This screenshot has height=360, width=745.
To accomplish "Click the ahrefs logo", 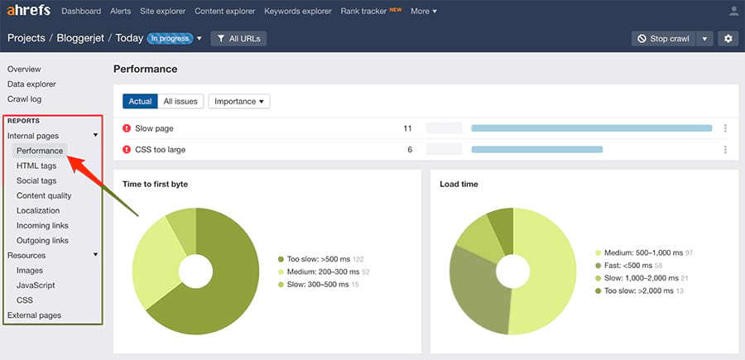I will pos(29,12).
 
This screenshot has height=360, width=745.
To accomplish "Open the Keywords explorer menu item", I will pos(297,12).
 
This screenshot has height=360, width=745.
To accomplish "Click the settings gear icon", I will pos(728,39).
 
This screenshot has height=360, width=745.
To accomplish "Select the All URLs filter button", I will pos(238,39).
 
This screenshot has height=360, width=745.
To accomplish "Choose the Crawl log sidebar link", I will pos(24,99).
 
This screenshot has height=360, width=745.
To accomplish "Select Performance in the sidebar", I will pos(40,151).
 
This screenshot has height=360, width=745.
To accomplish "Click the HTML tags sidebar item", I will pos(36,166).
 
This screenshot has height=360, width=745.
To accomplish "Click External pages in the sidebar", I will pos(34,315).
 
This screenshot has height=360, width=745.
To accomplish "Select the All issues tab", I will pos(180,101).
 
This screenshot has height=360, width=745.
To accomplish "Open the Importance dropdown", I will pos(239,101).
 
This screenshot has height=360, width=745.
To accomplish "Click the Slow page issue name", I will pos(154,128).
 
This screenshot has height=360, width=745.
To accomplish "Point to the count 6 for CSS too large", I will pos(410,150).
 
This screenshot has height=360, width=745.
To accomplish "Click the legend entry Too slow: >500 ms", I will pos(318,259).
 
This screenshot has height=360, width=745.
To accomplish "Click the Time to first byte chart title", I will pos(155,184).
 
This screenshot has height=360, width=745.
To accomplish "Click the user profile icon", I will pos(733,12).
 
